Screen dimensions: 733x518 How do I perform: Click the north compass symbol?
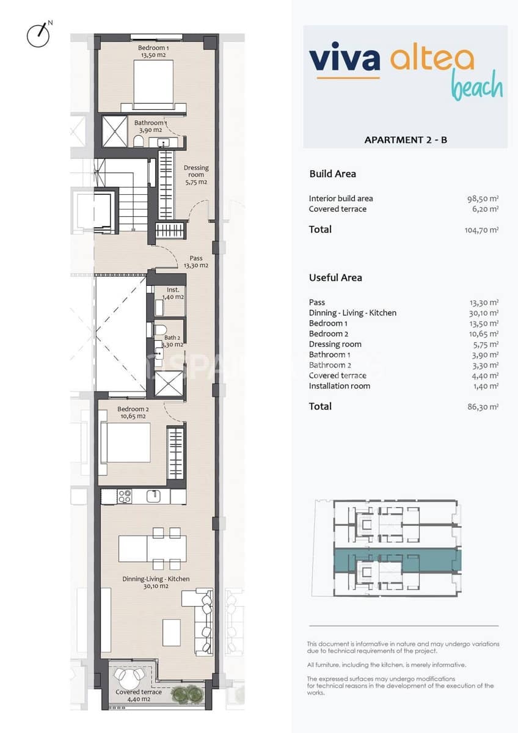click(x=38, y=34)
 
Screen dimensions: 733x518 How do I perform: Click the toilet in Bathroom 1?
click(x=138, y=142)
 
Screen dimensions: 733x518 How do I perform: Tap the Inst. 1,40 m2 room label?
click(x=172, y=293)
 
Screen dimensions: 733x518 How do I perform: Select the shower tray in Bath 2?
click(x=169, y=384)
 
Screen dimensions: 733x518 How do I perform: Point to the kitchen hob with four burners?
click(x=125, y=497)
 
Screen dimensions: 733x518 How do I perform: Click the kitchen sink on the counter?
click(x=156, y=495)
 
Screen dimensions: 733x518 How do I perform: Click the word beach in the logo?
click(x=477, y=87)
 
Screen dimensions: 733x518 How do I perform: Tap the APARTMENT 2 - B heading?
click(x=406, y=140)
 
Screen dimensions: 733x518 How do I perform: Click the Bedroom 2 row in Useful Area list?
click(x=329, y=334)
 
